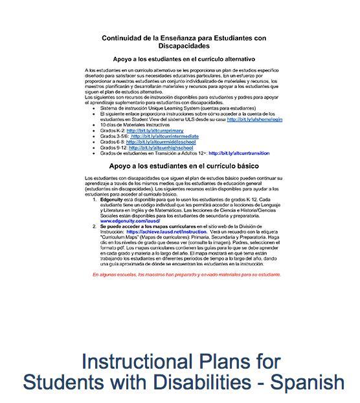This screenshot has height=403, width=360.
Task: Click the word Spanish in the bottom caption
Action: click(305, 382)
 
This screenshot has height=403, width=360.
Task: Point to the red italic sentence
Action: click(186, 274)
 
